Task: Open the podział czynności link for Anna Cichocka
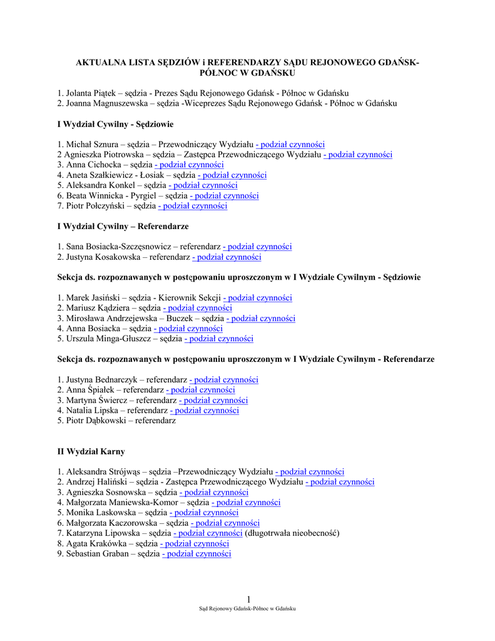pyautogui.click(x=189, y=165)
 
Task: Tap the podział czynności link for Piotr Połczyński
pyautogui.click(x=193, y=205)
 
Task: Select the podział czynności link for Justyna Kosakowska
pyautogui.click(x=227, y=257)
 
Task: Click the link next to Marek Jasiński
pyautogui.click(x=258, y=298)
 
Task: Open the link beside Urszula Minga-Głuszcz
pyautogui.click(x=219, y=339)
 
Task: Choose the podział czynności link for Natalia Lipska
pyautogui.click(x=205, y=411)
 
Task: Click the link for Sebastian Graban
pyautogui.click(x=196, y=553)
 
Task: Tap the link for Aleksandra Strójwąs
pyautogui.click(x=310, y=471)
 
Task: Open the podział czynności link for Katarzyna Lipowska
pyautogui.click(x=208, y=533)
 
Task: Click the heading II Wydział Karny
pyautogui.click(x=91, y=451)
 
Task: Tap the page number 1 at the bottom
pyautogui.click(x=248, y=599)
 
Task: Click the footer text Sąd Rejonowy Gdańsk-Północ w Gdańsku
pyautogui.click(x=247, y=608)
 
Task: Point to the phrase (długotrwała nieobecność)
pyautogui.click(x=292, y=533)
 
